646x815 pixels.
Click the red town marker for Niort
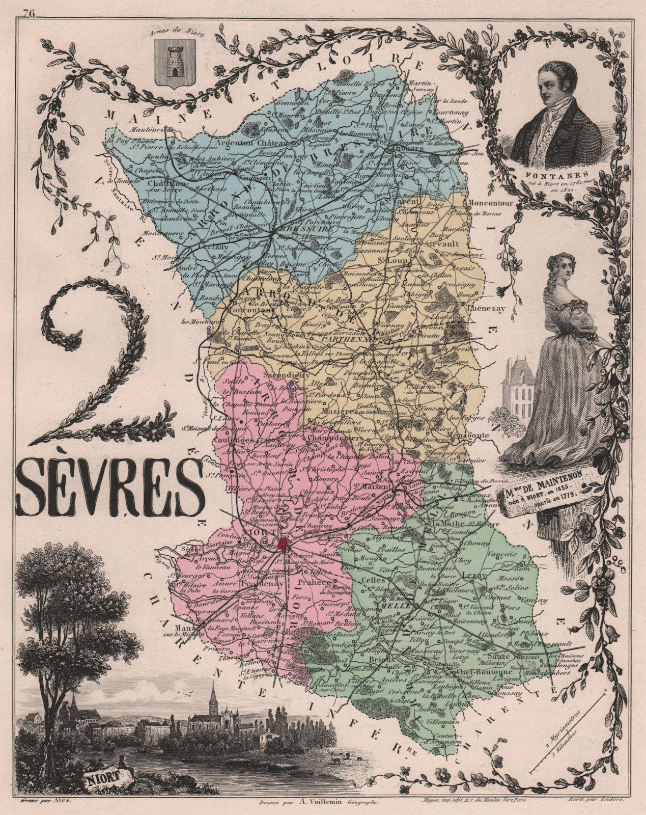tap(283, 544)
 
